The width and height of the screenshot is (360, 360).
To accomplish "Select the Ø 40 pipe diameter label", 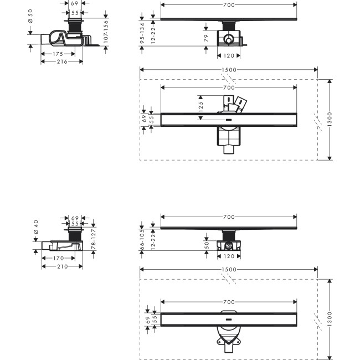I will coord(37,226).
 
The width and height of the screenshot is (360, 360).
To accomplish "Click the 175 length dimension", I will coord(58,54).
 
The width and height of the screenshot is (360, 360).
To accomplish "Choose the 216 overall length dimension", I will coord(61,61).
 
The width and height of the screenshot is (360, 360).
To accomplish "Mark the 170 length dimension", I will coord(57,258).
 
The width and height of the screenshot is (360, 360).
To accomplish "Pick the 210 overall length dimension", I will coord(61,266).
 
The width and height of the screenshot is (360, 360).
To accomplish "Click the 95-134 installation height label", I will coord(142,34).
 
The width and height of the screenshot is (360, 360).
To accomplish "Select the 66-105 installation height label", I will coord(142,238).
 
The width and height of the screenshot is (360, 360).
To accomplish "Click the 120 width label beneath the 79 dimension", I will coord(228,55).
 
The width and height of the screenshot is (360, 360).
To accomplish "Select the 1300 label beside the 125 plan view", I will coord(330,119).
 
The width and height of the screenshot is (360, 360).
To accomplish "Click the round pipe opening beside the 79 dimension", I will coord(228,40).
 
